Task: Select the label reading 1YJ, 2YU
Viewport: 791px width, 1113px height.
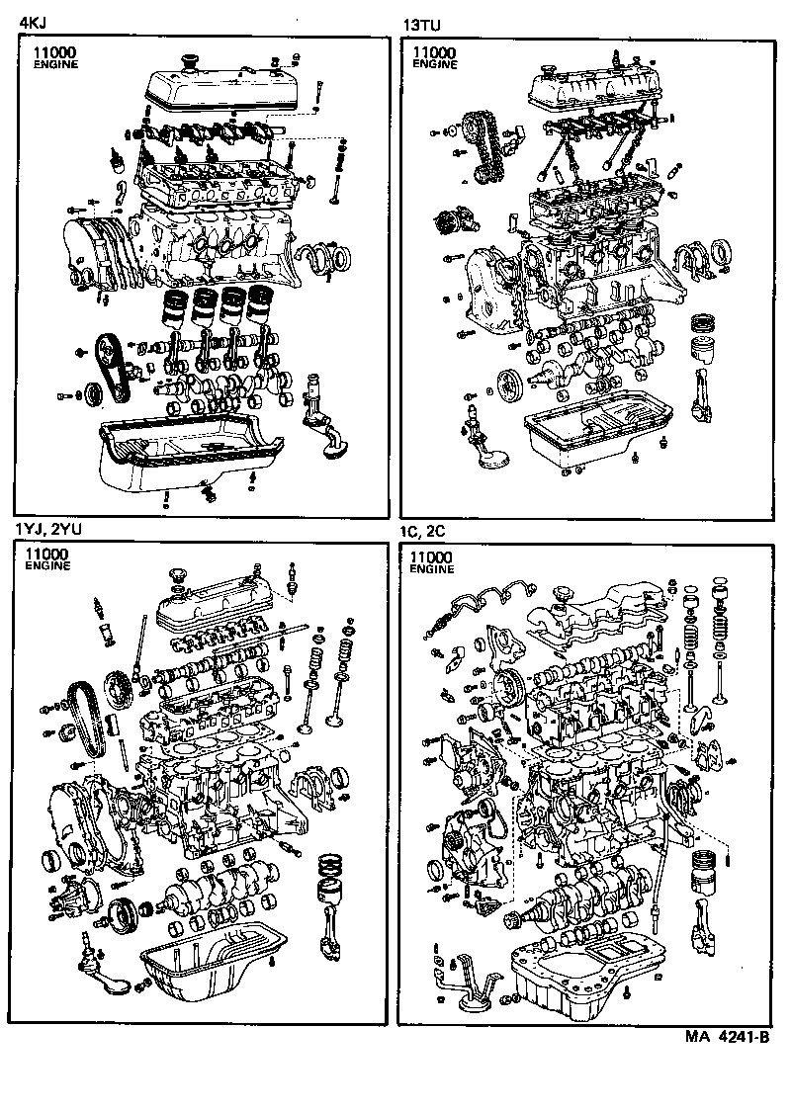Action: tap(47, 529)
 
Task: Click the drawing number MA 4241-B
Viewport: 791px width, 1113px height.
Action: tap(727, 1037)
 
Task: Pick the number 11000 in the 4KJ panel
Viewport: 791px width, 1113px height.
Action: tap(52, 51)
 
